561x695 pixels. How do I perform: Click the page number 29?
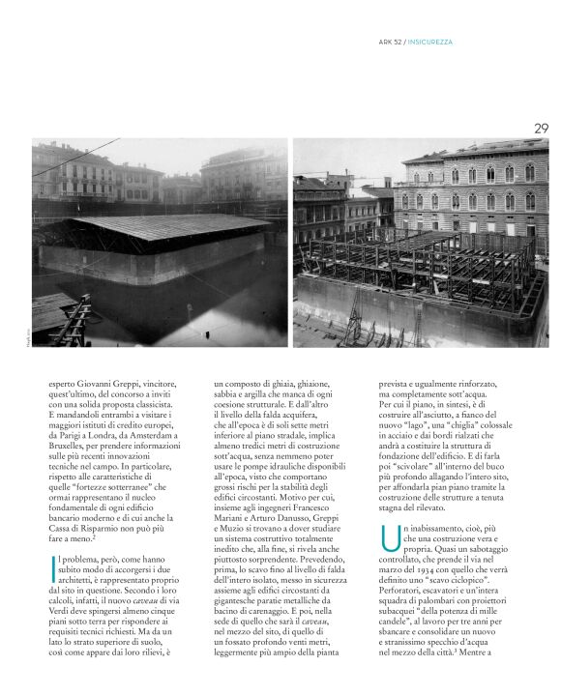tap(541, 128)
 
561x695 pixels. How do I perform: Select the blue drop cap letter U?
tap(388, 539)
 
